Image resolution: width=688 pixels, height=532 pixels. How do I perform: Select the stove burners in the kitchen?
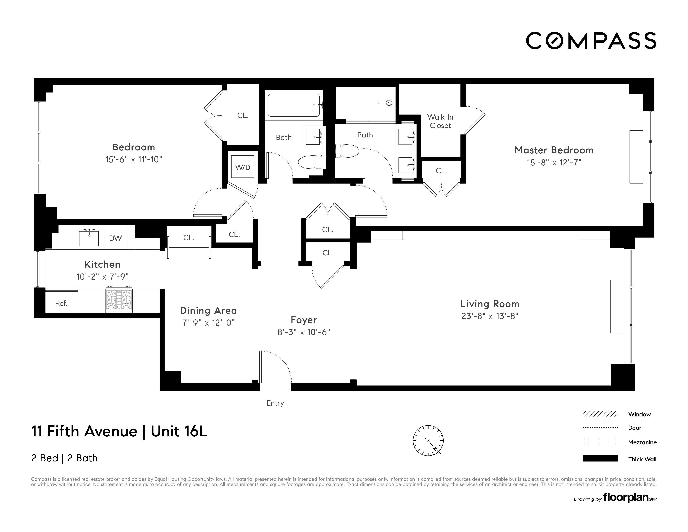(119, 299)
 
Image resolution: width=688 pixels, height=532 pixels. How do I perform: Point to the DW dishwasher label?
(115, 238)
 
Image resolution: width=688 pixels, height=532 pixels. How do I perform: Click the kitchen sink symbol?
(89, 238)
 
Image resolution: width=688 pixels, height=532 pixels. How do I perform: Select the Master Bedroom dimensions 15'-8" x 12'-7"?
(554, 162)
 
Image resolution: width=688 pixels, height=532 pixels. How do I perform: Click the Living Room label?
(490, 304)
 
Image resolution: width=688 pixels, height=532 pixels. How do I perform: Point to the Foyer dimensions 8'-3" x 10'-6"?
(303, 332)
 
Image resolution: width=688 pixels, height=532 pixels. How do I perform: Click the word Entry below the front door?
(275, 403)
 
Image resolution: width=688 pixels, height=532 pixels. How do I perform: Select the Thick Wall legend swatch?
(600, 458)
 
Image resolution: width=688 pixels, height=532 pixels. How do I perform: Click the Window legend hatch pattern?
(600, 414)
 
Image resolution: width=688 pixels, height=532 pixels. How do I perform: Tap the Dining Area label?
(208, 311)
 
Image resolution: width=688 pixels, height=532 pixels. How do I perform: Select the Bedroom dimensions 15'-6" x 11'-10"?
(134, 159)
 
